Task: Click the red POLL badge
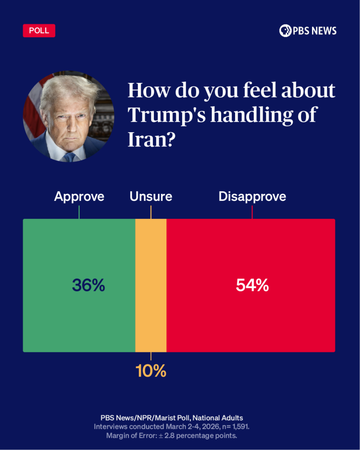39,30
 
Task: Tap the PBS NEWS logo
308,30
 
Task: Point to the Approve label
79,196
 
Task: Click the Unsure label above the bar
151,196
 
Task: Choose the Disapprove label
252,196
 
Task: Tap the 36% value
88,286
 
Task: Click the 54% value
252,286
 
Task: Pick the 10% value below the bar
151,371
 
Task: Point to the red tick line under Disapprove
252,212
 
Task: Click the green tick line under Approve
79,212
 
